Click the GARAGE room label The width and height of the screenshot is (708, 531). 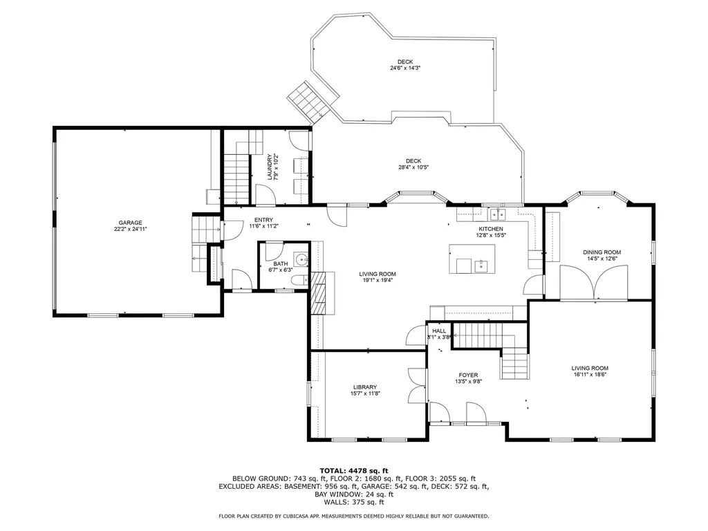(129, 223)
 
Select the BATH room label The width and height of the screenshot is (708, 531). (280, 263)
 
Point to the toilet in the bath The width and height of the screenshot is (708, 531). (299, 280)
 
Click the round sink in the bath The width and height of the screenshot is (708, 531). (301, 259)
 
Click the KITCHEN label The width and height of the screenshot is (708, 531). (491, 229)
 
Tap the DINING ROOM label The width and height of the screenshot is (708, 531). (602, 252)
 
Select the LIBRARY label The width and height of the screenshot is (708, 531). (364, 387)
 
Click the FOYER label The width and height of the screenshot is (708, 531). (468, 375)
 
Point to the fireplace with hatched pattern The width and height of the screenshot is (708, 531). (319, 294)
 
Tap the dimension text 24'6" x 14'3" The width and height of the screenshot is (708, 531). (405, 68)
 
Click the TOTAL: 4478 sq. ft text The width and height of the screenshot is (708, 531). (353, 471)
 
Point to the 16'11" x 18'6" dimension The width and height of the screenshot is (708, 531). (590, 375)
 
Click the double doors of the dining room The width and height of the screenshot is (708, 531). (595, 283)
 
